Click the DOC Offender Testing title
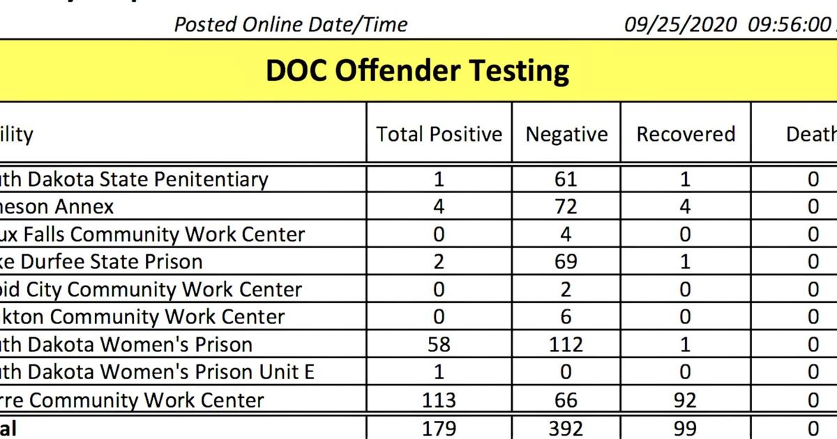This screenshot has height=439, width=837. pyautogui.click(x=417, y=71)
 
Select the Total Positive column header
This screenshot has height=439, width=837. pyautogui.click(x=439, y=134)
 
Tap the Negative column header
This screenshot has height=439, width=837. pyautogui.click(x=566, y=134)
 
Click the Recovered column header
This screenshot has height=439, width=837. pyautogui.click(x=686, y=134)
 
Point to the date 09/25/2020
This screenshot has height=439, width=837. pyautogui.click(x=680, y=25)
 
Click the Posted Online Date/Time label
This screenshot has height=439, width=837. pyautogui.click(x=291, y=25)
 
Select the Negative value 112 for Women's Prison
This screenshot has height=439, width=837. pyautogui.click(x=566, y=345)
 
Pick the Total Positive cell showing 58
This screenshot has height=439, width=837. pyautogui.click(x=439, y=345)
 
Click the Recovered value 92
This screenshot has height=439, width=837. pyautogui.click(x=685, y=400)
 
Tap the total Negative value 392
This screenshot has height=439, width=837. pyautogui.click(x=566, y=427)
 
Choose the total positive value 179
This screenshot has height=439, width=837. pyautogui.click(x=439, y=427)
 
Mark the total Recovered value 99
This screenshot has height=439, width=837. pyautogui.click(x=685, y=427)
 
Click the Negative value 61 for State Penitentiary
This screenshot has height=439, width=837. pyautogui.click(x=566, y=180)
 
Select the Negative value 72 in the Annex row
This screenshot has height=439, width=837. pyautogui.click(x=566, y=207)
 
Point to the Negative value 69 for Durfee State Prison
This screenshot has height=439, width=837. pyautogui.click(x=566, y=262)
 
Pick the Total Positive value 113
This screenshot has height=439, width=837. pyautogui.click(x=439, y=400)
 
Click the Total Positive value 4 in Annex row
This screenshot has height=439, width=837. pyautogui.click(x=439, y=207)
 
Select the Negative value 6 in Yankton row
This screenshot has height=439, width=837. pyautogui.click(x=566, y=317)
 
